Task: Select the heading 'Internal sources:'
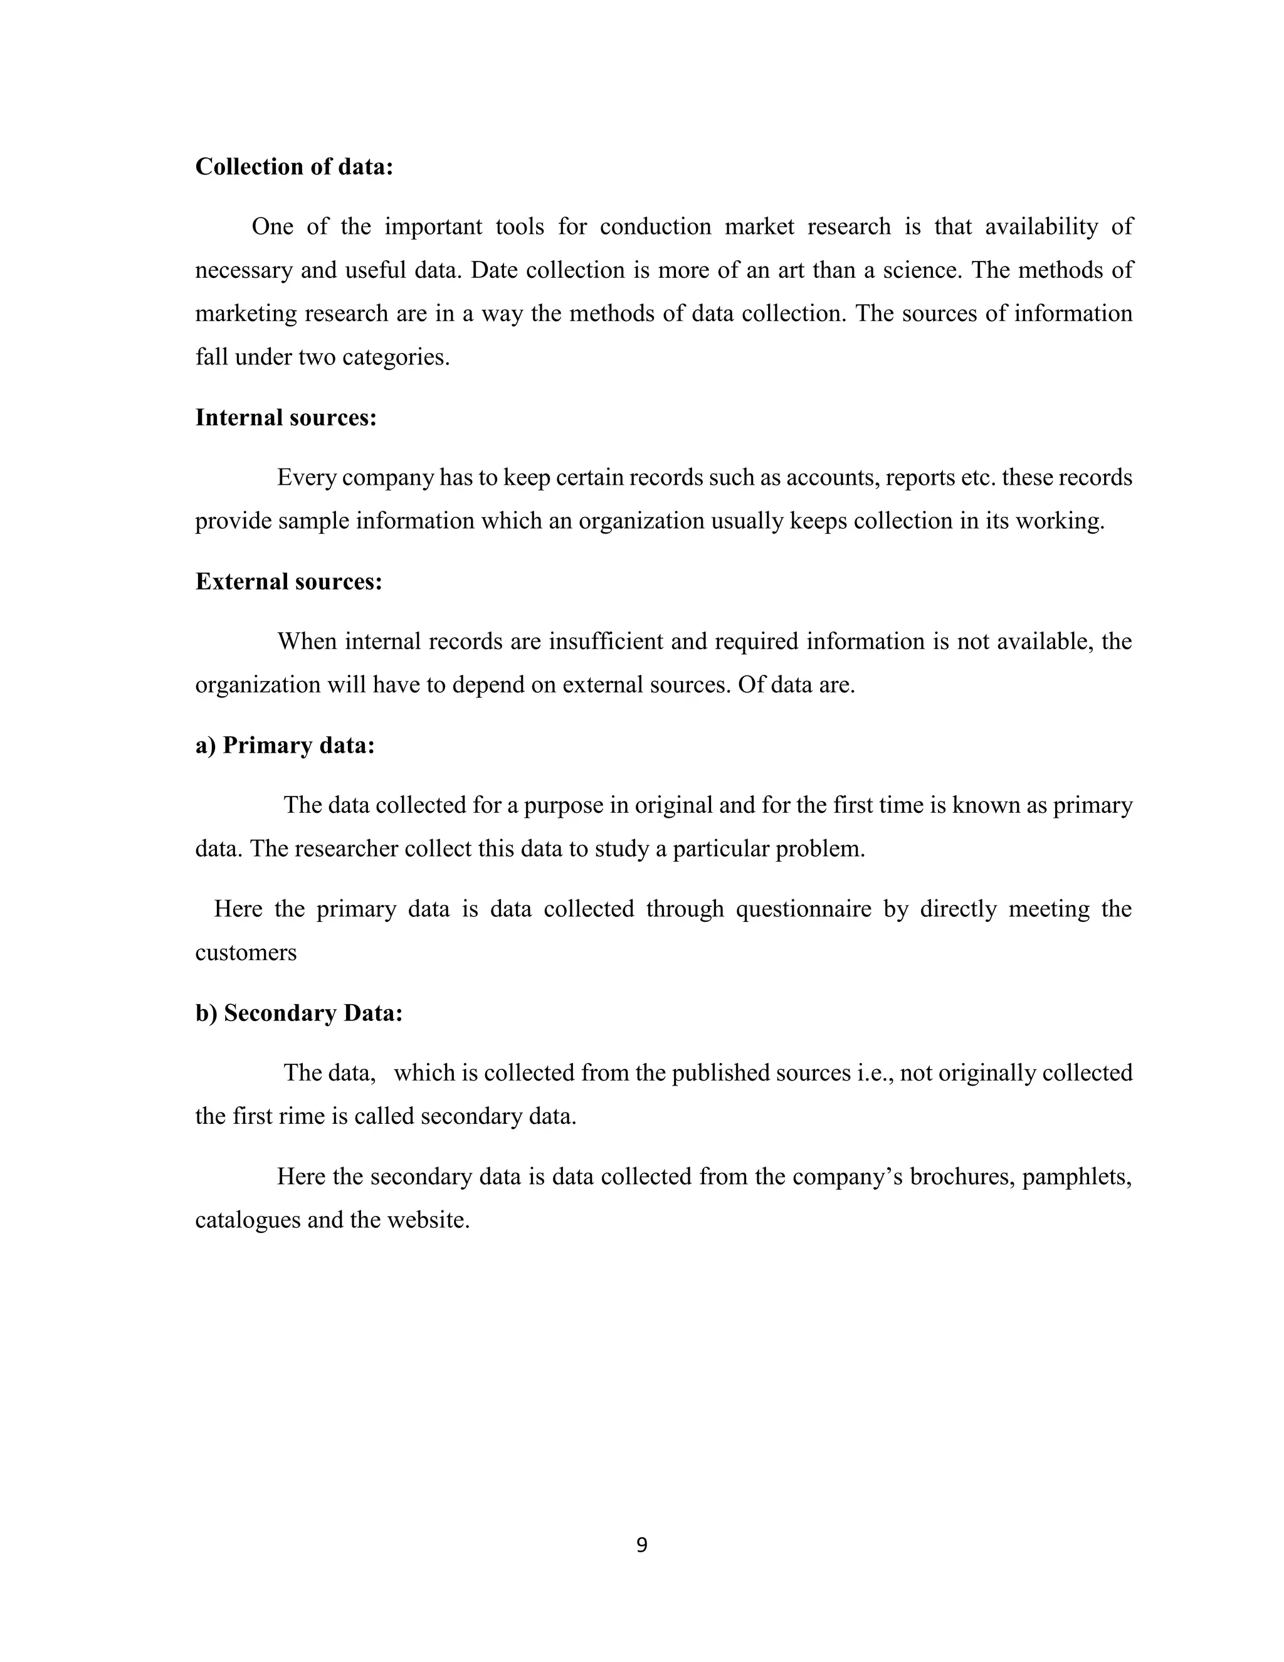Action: pos(286,418)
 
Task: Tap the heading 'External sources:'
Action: pos(288,581)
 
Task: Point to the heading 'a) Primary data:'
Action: pos(285,745)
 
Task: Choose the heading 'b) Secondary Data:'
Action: pos(298,1013)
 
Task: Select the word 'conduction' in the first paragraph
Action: pos(655,227)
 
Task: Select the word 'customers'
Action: pos(246,953)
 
